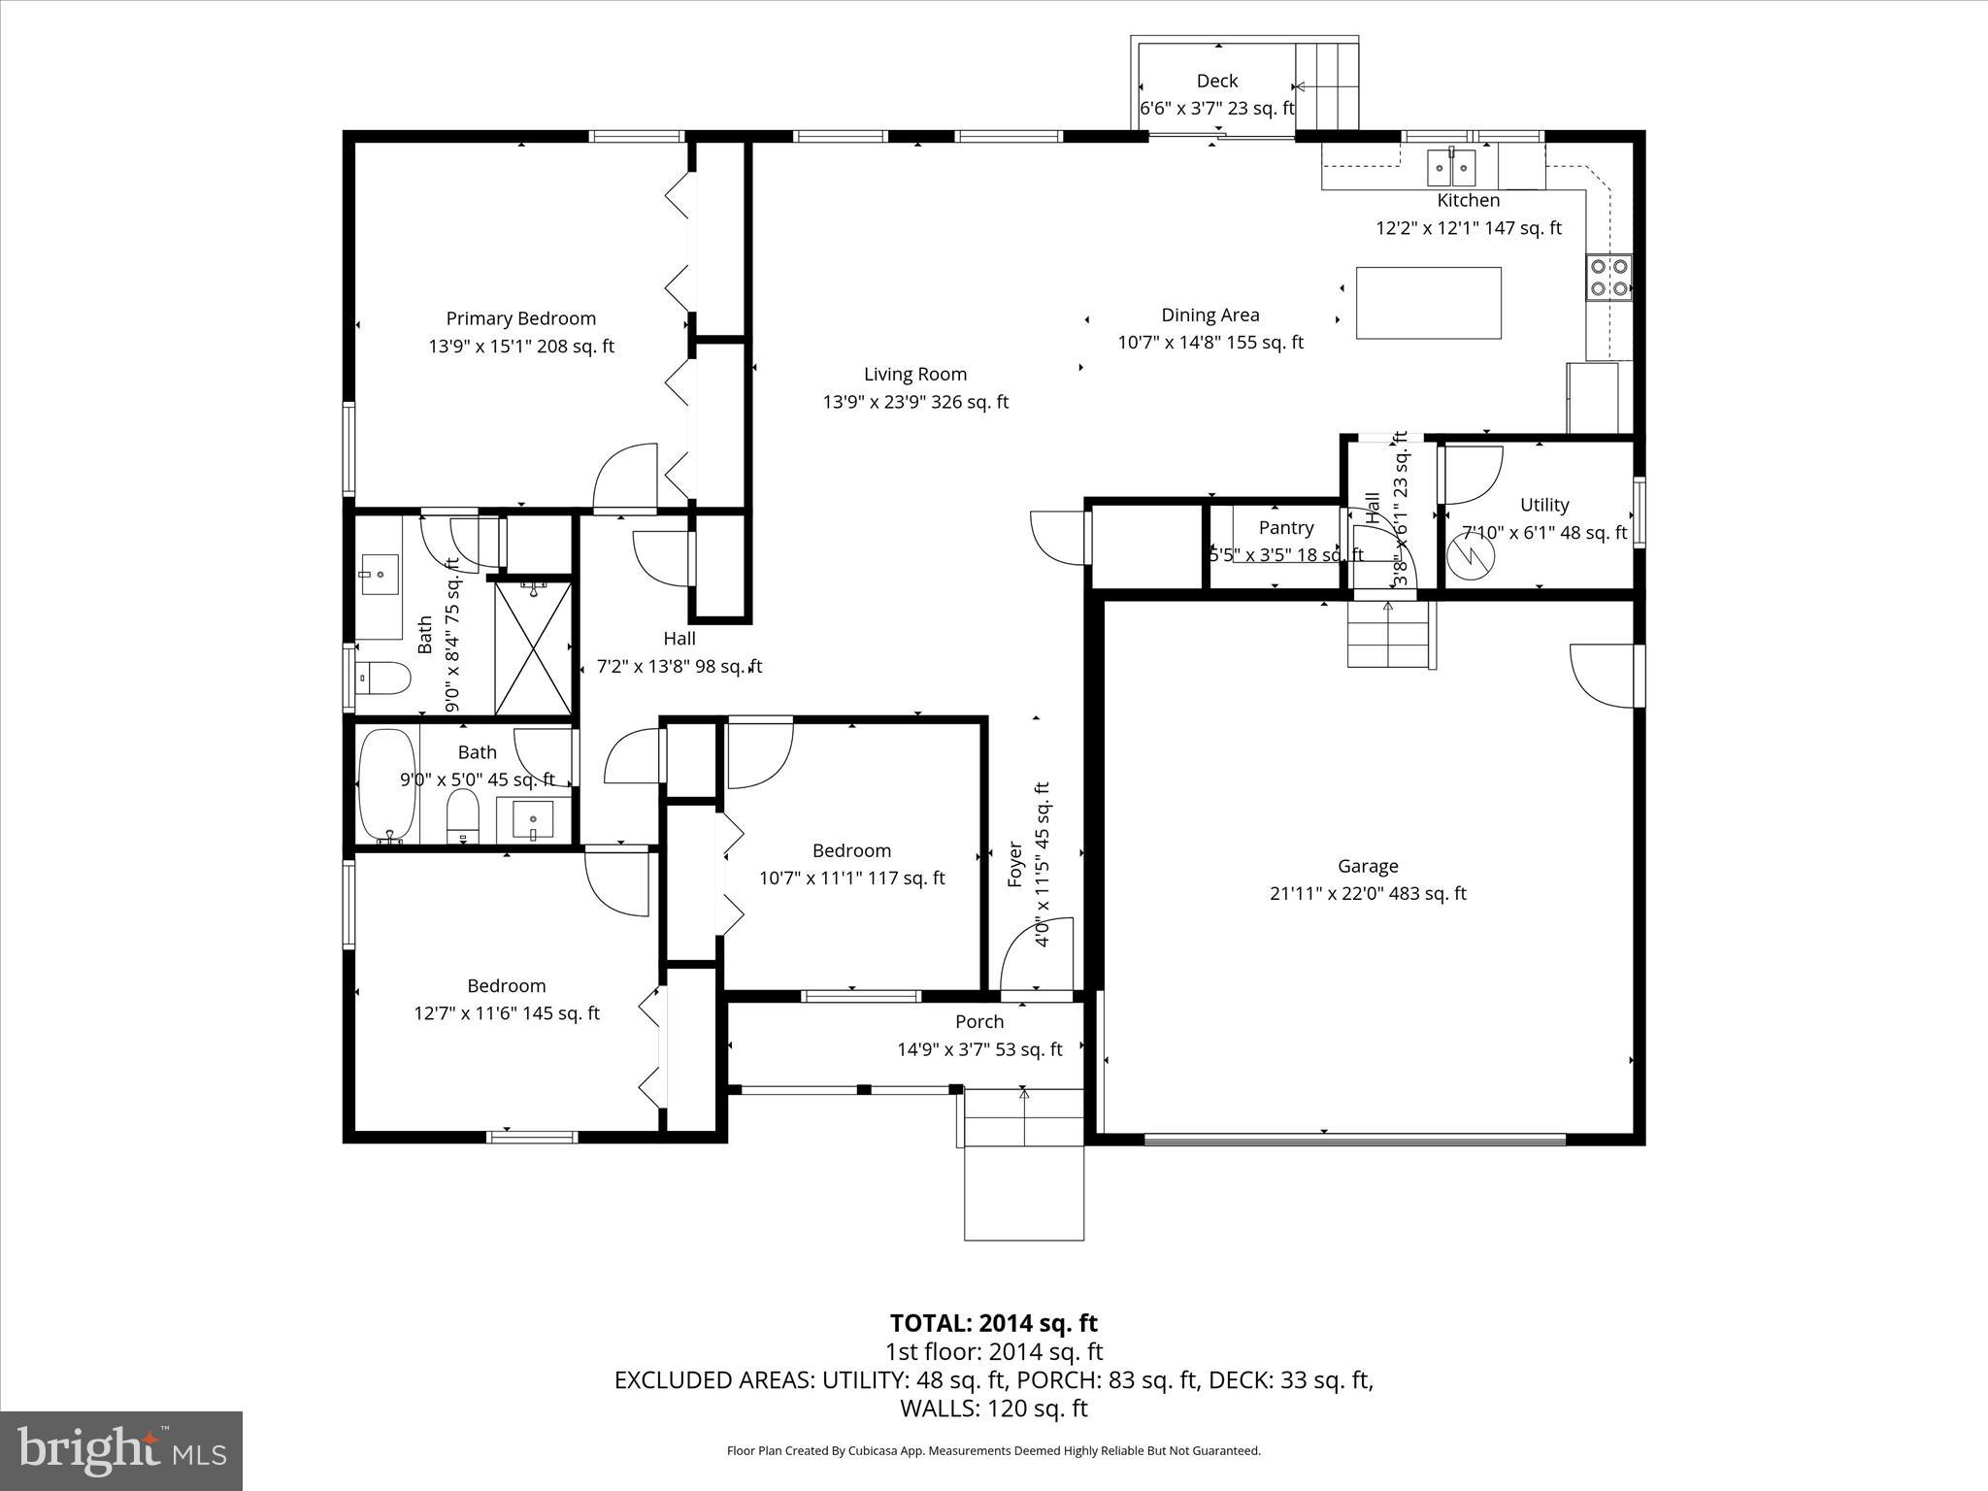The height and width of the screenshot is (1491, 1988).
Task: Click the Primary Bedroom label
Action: point(520,318)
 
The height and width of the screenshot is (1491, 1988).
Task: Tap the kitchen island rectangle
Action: point(1428,303)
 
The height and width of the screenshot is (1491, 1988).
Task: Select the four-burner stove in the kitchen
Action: point(1608,277)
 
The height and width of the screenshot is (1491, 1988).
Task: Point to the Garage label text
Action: point(1368,866)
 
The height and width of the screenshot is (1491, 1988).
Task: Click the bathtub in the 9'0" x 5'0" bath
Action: point(387,784)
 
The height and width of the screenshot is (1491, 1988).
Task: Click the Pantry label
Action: point(1285,527)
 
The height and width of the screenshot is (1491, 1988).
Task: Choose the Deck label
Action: point(1216,81)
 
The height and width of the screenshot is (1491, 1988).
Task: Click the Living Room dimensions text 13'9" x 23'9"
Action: point(915,402)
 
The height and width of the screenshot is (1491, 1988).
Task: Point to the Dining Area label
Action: point(1209,315)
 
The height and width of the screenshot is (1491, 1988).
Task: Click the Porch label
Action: point(978,1021)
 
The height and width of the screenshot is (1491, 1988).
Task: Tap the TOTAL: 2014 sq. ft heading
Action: point(993,1323)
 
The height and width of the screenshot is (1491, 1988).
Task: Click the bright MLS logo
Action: point(121,1451)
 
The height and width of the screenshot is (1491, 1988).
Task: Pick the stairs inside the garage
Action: point(1390,634)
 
